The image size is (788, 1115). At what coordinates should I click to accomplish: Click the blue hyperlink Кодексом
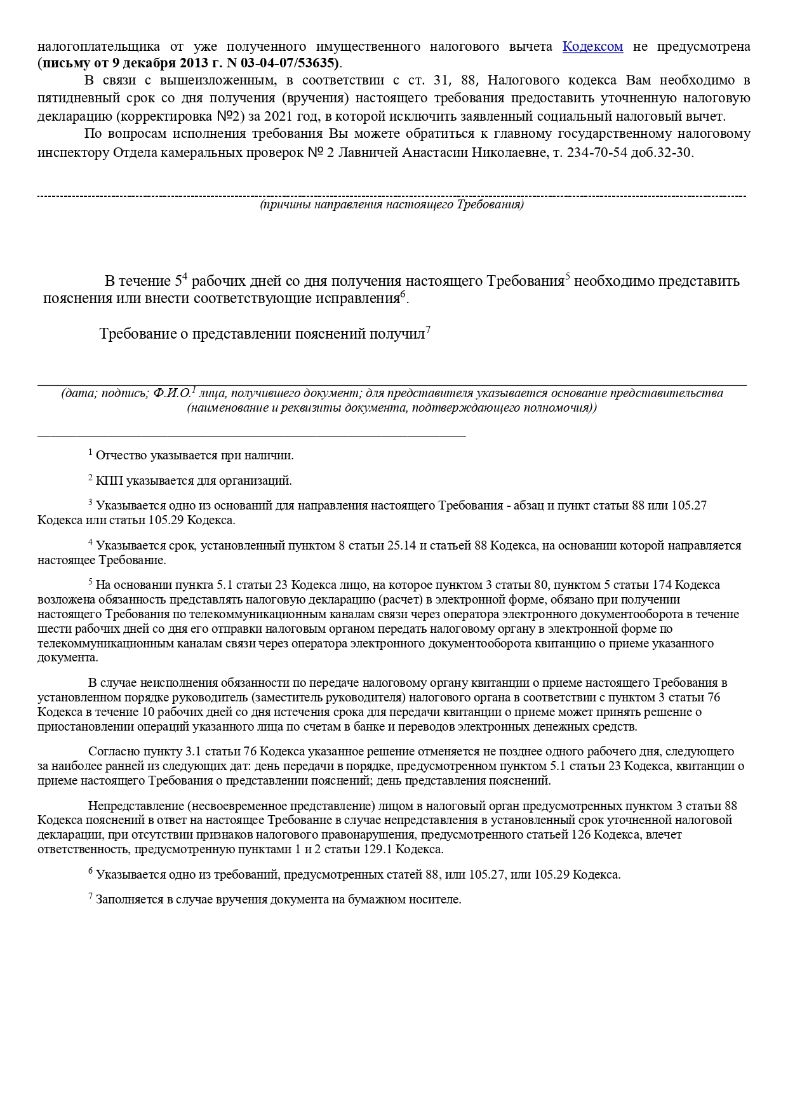pos(592,46)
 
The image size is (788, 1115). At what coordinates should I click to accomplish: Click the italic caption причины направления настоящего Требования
pos(392,205)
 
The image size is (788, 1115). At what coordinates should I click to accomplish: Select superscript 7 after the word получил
pos(429,329)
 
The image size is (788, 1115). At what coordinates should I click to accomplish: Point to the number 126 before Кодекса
pos(581,835)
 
